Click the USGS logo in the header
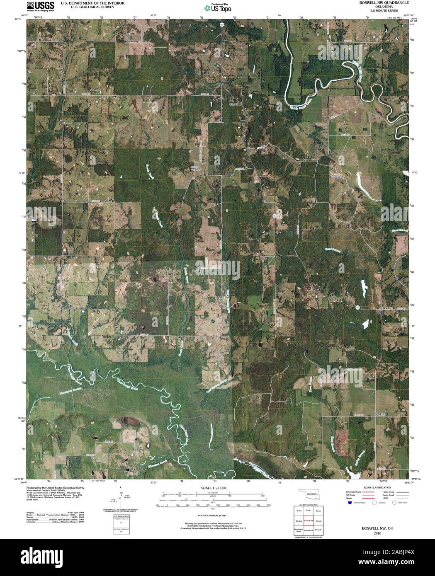tap(40, 6)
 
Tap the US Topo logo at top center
tap(218, 7)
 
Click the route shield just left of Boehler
tap(357, 307)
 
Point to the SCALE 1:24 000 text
tap(213, 489)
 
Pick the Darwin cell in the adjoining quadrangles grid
tap(318, 520)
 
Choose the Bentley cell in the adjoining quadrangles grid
tap(299, 520)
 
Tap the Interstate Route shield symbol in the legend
tap(350, 503)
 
